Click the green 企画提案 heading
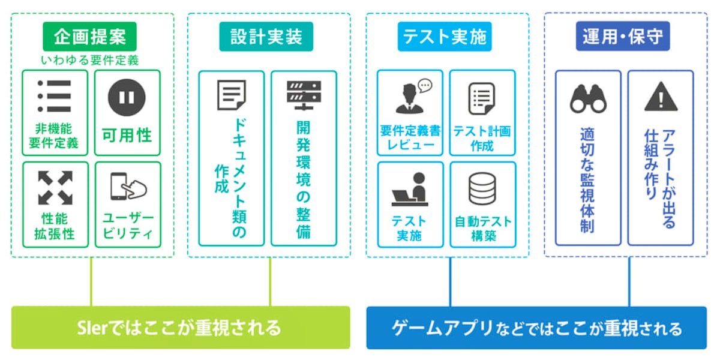pyautogui.click(x=90, y=37)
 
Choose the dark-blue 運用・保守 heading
pyautogui.click(x=626, y=37)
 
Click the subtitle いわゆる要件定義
pyautogui.click(x=90, y=60)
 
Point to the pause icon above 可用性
pyautogui.click(x=127, y=97)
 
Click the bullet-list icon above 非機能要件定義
pyautogui.click(x=54, y=96)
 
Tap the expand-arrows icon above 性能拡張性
pyautogui.click(x=55, y=187)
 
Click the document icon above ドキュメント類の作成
pyautogui.click(x=231, y=96)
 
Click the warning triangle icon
pyautogui.click(x=661, y=98)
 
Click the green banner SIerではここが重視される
pyautogui.click(x=181, y=328)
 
